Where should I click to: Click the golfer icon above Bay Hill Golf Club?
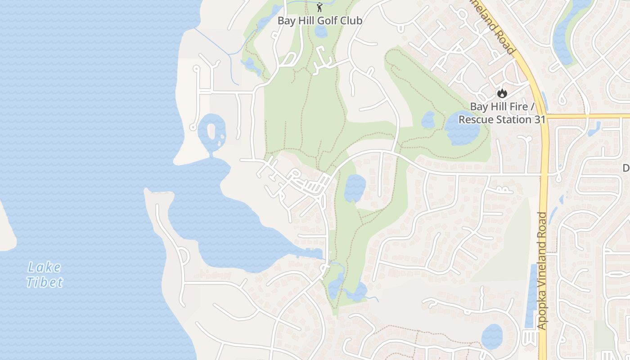coord(320,7)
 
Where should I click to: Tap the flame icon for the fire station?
coord(502,94)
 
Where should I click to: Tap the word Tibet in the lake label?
coord(45,282)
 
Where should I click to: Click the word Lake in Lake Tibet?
coord(44,267)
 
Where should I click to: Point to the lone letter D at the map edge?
coord(626,168)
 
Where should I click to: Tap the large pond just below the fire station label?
coord(462,128)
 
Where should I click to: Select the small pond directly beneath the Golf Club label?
coord(321,31)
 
